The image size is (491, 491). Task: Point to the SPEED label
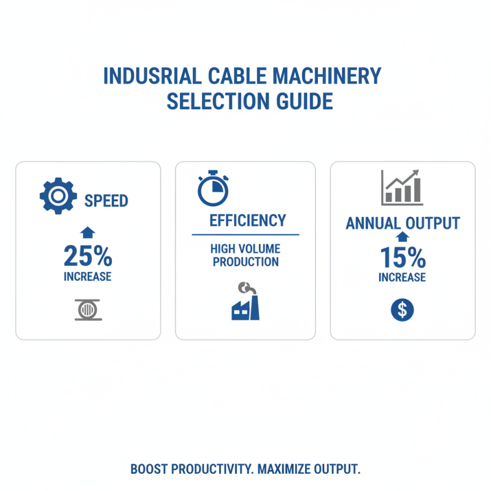(x=106, y=200)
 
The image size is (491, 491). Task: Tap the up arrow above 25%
(x=88, y=232)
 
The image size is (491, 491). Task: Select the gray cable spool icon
(x=88, y=310)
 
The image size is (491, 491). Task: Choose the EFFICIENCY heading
(x=247, y=220)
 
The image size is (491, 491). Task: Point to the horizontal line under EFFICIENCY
(x=245, y=234)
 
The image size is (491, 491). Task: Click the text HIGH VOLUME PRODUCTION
(x=245, y=255)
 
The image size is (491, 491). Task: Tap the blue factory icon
(x=245, y=303)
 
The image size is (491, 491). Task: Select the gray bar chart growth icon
(x=401, y=187)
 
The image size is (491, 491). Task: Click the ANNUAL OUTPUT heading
(x=403, y=223)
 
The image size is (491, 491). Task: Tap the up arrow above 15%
(x=402, y=237)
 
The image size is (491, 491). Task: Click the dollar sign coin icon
(x=402, y=310)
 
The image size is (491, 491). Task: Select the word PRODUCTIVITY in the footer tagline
(x=212, y=470)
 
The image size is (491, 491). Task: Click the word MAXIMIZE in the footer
(x=285, y=470)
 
